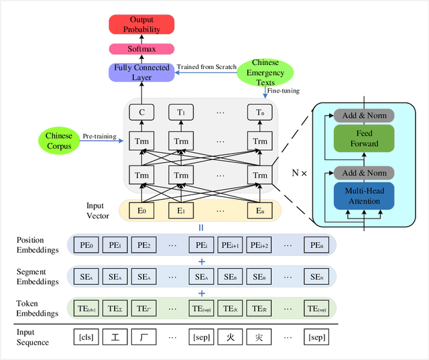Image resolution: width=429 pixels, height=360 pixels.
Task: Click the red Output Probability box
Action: point(141,25)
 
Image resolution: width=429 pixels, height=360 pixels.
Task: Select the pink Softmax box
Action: point(141,49)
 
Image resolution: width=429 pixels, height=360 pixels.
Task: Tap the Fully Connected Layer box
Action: point(141,72)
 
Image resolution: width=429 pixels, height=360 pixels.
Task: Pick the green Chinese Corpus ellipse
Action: point(59,141)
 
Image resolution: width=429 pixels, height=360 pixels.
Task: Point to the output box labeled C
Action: point(141,113)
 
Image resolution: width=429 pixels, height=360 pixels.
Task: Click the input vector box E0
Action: point(141,210)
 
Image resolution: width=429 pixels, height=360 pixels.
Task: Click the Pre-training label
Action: point(100,137)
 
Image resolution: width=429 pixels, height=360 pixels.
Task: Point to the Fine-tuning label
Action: point(283,91)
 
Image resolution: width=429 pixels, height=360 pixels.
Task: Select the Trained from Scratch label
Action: point(206,66)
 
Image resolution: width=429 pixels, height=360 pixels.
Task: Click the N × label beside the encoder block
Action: point(299,173)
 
